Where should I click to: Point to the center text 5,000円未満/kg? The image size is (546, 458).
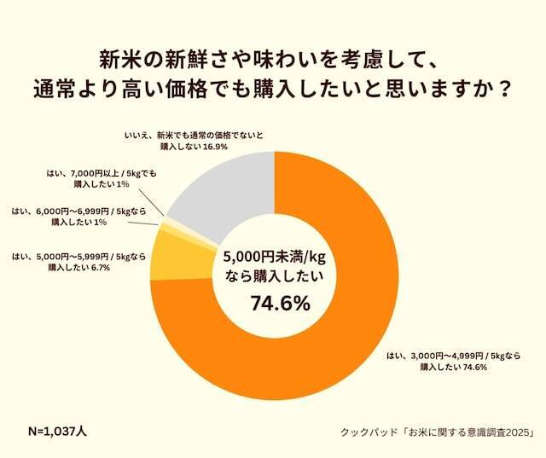(x=273, y=257)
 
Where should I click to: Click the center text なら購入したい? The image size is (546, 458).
(x=273, y=277)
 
